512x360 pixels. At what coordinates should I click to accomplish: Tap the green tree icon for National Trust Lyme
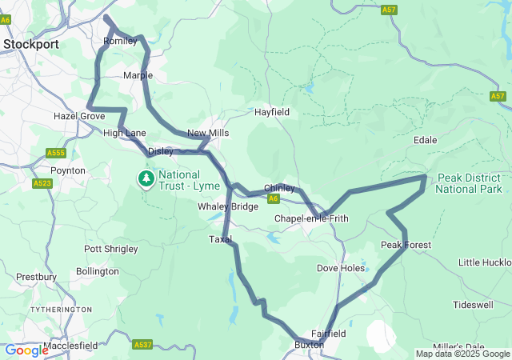[x=146, y=178]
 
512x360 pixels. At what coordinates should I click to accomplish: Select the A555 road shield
[x=55, y=153]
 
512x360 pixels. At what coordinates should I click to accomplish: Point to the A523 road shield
[x=42, y=183]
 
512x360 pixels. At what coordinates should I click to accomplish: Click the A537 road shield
[x=142, y=345]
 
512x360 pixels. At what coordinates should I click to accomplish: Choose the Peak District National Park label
[x=469, y=183]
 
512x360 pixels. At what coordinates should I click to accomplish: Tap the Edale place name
[x=425, y=140]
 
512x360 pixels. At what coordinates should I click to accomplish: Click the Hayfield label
[x=271, y=113]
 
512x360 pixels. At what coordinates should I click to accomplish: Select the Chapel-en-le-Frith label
[x=311, y=218]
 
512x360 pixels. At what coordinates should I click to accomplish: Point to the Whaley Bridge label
[x=228, y=206]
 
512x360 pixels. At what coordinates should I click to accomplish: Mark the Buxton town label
[x=308, y=345]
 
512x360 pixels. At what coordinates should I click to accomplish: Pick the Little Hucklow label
[x=485, y=262]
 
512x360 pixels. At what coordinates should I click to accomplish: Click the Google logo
[x=26, y=350]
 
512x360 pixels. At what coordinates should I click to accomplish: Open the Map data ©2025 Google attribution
[x=462, y=354]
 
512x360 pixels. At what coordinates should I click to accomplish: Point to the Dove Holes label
[x=341, y=268]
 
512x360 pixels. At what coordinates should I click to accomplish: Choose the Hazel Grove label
[x=79, y=116]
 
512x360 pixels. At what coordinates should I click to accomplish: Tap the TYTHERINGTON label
[x=61, y=309]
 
